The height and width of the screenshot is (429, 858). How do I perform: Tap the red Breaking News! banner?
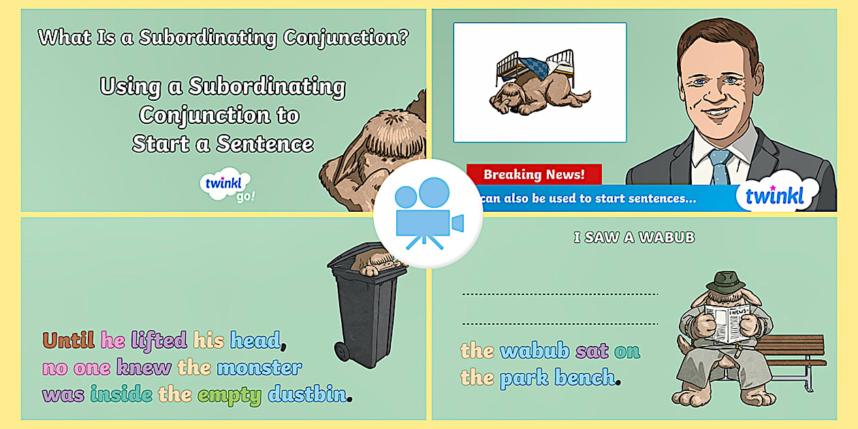pyautogui.click(x=534, y=174)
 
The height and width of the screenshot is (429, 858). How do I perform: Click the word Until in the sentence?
pyautogui.click(x=69, y=340)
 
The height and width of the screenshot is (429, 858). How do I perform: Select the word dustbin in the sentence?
pyautogui.click(x=308, y=394)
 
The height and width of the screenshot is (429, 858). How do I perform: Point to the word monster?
pyautogui.click(x=259, y=368)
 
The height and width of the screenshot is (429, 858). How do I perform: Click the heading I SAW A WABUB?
pyautogui.click(x=634, y=238)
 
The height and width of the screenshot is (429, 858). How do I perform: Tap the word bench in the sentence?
pyautogui.click(x=585, y=377)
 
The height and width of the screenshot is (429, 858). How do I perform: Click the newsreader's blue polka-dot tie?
pyautogui.click(x=720, y=167)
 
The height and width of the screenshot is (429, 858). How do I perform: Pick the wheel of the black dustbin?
pyautogui.click(x=342, y=351)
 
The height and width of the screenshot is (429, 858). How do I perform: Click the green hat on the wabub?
pyautogui.click(x=725, y=282)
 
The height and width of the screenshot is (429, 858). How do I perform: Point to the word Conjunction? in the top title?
pyautogui.click(x=346, y=37)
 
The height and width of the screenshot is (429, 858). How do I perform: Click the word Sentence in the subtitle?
pyautogui.click(x=265, y=144)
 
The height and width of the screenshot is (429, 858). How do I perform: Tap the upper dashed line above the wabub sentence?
pyautogui.click(x=560, y=294)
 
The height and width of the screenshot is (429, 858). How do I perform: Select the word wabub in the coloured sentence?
pyautogui.click(x=535, y=351)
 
